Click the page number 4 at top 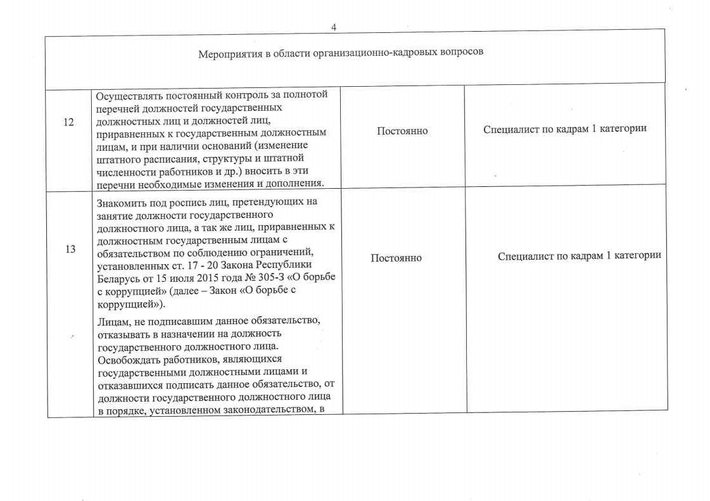tap(334, 27)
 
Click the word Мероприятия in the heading tap(225, 53)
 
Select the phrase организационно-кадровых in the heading tap(367, 52)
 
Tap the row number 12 tap(70, 122)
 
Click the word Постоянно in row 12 tap(402, 131)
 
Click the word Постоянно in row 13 tap(396, 258)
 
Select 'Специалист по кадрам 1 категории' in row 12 tap(565, 129)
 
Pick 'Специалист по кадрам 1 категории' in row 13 tap(580, 255)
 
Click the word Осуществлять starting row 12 tap(125, 95)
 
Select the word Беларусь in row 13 tap(119, 278)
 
